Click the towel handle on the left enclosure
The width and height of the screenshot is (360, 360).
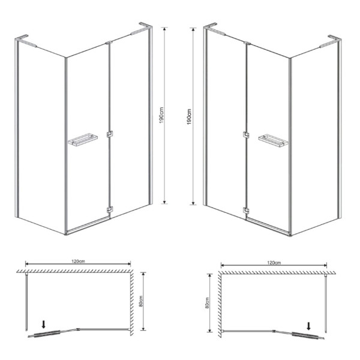[x=83, y=140]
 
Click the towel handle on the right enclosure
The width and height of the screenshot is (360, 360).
[x=273, y=140]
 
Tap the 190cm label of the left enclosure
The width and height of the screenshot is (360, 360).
[x=161, y=115]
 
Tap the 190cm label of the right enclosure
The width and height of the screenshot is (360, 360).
[x=189, y=116]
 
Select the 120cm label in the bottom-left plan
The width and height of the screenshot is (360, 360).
[x=78, y=261]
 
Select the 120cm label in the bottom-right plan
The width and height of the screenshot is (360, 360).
[x=274, y=263]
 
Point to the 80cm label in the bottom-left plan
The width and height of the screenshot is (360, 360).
[x=141, y=301]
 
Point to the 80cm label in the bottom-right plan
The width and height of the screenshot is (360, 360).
[x=207, y=302]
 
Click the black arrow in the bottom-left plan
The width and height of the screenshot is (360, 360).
[x=44, y=324]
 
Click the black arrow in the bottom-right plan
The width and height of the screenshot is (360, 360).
[x=309, y=326]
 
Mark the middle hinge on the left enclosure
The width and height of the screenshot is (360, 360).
[x=110, y=134]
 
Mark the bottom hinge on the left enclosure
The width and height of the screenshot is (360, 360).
[x=110, y=209]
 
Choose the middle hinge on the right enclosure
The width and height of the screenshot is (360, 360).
[x=246, y=135]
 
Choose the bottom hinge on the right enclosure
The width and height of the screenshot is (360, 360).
[x=246, y=211]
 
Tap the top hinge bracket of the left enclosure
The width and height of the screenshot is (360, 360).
[x=109, y=43]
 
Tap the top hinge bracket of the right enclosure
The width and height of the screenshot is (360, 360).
[x=247, y=43]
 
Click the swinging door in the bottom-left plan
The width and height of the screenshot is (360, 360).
[x=53, y=333]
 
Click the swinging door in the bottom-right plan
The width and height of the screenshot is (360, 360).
[x=299, y=335]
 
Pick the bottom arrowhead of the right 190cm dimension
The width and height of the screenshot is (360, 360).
[x=193, y=203]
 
